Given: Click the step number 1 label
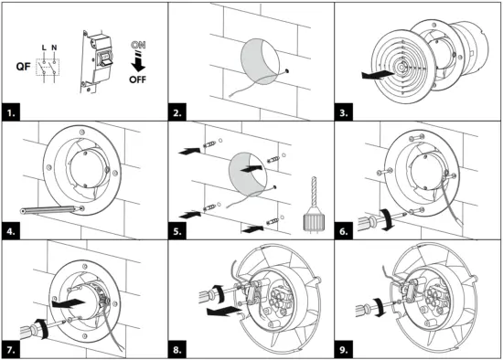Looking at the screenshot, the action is (11, 112).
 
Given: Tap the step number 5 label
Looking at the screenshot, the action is (177, 231).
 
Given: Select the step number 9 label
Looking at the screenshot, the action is (344, 349).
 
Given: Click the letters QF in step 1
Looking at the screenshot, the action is (24, 67).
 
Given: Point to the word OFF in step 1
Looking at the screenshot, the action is (137, 79).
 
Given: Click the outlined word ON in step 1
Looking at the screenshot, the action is (138, 45).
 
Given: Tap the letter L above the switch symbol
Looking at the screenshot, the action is (44, 48).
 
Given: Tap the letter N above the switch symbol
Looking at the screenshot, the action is (54, 48).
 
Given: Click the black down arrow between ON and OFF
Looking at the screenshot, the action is (138, 63).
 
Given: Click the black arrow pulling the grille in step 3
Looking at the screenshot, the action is (378, 75).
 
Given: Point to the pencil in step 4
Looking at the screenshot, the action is (50, 209).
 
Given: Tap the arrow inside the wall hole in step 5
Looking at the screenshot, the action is (251, 168).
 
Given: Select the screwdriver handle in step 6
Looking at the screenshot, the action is (369, 222).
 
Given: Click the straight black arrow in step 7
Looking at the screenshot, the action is (68, 303).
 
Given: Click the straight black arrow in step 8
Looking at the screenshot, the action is (223, 311).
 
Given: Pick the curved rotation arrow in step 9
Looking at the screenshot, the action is (380, 307).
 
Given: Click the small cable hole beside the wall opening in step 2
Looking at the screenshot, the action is (286, 70).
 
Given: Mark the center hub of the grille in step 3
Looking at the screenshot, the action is (401, 68).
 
